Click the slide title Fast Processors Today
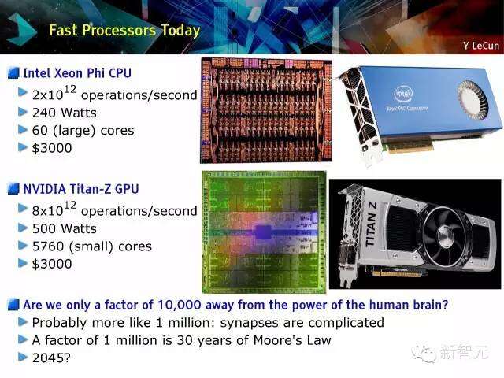(x=124, y=31)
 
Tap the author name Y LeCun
(x=481, y=46)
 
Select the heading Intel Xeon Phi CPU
(x=77, y=73)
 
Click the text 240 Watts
(x=65, y=113)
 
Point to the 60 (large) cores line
(x=83, y=131)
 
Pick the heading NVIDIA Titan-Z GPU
(x=81, y=189)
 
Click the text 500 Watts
(x=65, y=228)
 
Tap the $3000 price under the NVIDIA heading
(x=52, y=264)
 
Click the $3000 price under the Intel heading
(x=52, y=148)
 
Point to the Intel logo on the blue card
(x=403, y=94)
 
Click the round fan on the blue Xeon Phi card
(x=472, y=100)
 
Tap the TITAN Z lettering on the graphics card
(x=371, y=224)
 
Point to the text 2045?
(x=51, y=358)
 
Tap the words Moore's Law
(x=292, y=340)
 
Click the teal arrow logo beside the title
(x=22, y=30)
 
